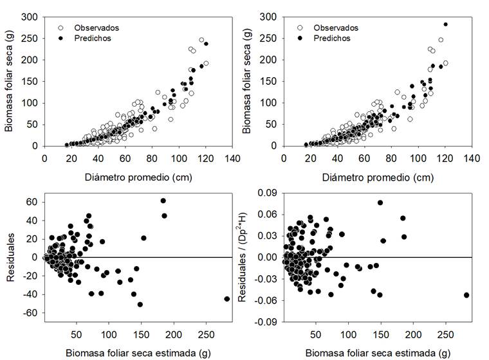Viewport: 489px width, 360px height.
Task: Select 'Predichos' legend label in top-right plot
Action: click(x=332, y=38)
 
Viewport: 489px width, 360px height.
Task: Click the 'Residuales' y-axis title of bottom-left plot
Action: click(x=10, y=257)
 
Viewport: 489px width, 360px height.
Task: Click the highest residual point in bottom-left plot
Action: click(x=163, y=201)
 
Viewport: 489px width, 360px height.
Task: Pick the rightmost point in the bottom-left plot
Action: click(x=226, y=299)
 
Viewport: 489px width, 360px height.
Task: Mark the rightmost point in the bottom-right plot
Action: click(x=466, y=295)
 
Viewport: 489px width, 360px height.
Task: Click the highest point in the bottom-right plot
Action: click(x=380, y=203)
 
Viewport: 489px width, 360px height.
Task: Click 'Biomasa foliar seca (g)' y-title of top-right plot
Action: click(x=248, y=82)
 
